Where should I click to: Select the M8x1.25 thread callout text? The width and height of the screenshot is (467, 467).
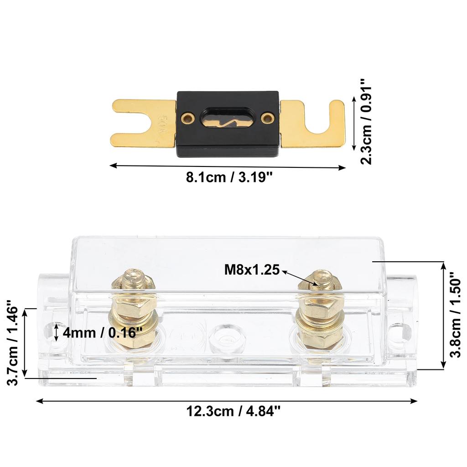tap(251, 270)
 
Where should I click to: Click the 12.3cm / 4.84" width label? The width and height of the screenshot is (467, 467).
tap(233, 411)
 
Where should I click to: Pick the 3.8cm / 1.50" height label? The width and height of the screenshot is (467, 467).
tap(456, 315)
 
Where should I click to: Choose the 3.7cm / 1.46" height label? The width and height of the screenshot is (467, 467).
tap(13, 342)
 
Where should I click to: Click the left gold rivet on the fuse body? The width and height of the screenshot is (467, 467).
tap(186, 118)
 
